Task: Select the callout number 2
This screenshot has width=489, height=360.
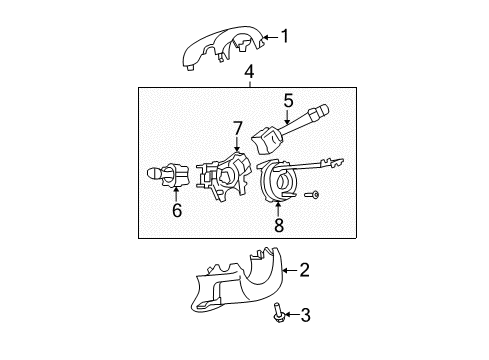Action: (x=304, y=269)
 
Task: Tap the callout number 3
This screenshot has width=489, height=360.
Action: (x=306, y=317)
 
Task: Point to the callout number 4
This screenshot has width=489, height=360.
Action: (x=249, y=72)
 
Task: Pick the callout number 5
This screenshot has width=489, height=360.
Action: (x=287, y=100)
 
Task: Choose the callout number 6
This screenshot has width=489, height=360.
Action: (x=176, y=211)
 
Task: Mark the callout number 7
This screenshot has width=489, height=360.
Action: (x=237, y=128)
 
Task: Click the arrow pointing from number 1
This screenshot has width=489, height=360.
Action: (x=267, y=38)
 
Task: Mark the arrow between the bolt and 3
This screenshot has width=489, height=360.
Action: (x=292, y=317)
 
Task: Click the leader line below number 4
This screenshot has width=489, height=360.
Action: (x=249, y=84)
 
